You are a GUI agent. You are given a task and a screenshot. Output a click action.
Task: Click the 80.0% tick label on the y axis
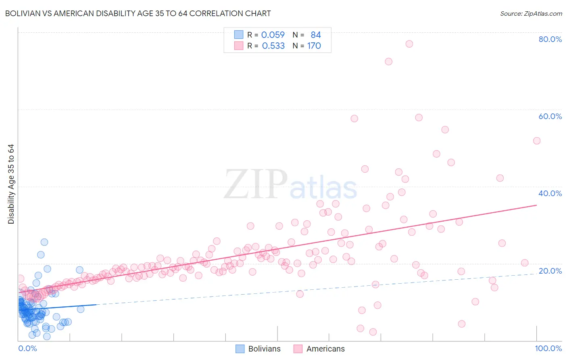click(x=550, y=39)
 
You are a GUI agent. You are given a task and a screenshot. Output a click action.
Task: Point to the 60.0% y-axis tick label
click(x=550, y=116)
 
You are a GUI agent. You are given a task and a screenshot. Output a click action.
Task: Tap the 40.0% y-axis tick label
click(x=550, y=193)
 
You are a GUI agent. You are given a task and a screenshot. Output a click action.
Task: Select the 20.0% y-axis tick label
click(x=550, y=271)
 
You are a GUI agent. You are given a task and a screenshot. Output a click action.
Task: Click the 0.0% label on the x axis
click(x=27, y=348)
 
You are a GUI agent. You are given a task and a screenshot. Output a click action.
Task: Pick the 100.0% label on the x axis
click(x=548, y=348)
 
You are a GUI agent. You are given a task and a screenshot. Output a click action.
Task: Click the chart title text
click(x=138, y=13)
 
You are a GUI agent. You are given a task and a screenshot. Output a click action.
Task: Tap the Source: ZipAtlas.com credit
click(x=531, y=13)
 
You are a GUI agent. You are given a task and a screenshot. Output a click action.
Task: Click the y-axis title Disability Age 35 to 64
click(x=11, y=184)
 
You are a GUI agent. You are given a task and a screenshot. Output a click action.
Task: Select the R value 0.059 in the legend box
click(x=273, y=35)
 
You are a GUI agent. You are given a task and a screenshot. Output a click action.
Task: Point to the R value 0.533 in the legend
click(x=273, y=46)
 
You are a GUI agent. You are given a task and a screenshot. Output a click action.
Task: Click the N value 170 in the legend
click(x=314, y=46)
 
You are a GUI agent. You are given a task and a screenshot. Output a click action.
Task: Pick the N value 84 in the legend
click(x=316, y=35)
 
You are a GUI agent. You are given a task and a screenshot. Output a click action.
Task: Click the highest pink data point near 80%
click(x=409, y=44)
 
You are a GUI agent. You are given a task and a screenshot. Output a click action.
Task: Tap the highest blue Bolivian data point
click(x=44, y=242)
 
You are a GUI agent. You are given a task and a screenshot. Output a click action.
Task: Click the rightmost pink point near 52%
click(x=537, y=141)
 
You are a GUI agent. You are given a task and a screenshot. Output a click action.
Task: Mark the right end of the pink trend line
click(x=536, y=205)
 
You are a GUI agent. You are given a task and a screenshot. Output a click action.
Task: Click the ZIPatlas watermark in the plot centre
click(x=290, y=185)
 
